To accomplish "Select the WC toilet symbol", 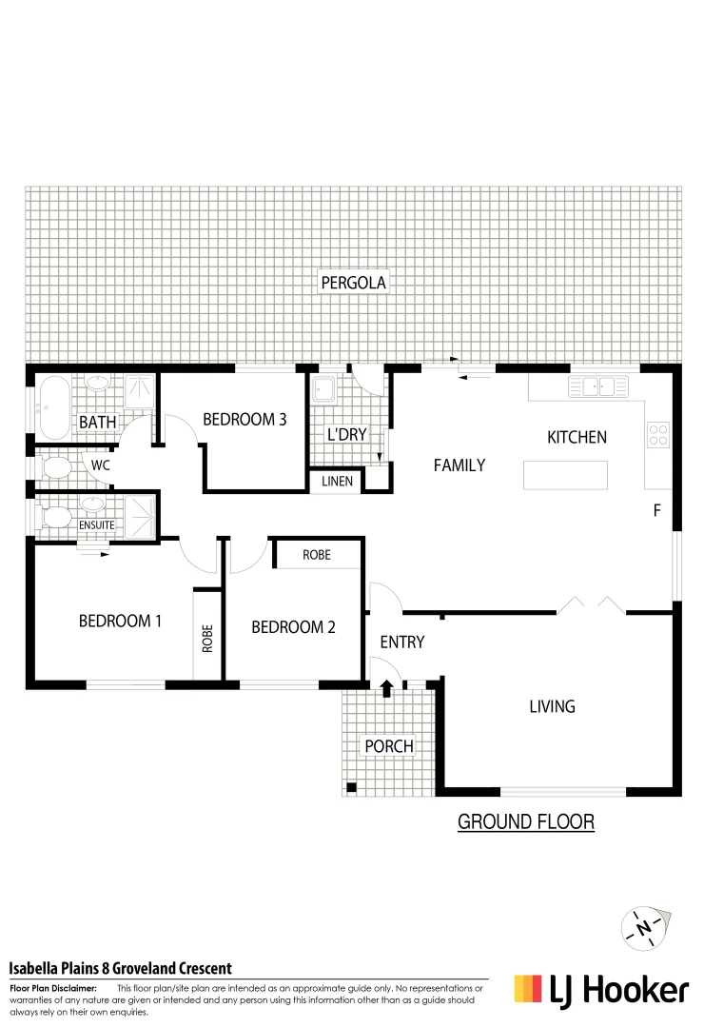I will (57, 466).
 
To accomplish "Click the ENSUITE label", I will (97, 524).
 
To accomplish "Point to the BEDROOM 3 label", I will (244, 419).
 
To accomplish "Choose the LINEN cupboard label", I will (337, 482).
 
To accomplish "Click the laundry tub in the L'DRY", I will (324, 389).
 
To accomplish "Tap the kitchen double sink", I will (597, 385).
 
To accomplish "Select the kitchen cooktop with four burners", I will (658, 435).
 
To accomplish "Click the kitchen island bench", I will (565, 474).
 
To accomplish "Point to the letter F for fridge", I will (656, 510).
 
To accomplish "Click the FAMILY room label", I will (460, 465).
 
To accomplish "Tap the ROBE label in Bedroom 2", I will (317, 554).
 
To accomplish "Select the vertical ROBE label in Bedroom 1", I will (207, 637).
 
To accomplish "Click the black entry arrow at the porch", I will (386, 688).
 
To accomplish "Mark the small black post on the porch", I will (351, 787).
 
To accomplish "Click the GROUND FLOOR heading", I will (526, 821).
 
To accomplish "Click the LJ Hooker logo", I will (600, 990).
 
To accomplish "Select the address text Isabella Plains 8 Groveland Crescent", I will (121, 968).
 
